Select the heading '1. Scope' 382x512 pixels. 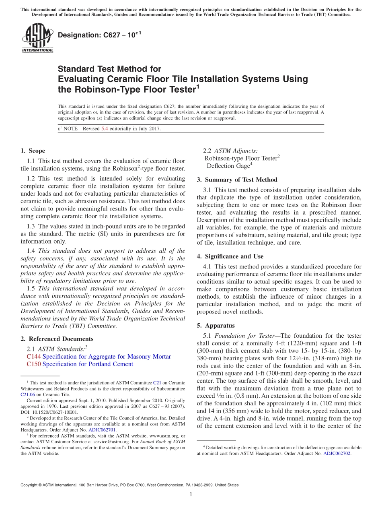pyautogui.click(x=33, y=151)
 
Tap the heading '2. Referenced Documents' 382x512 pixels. pyautogui.click(x=57, y=339)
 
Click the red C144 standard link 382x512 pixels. pyautogui.click(x=34, y=357)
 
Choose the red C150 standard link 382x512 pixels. pyautogui.click(x=34, y=364)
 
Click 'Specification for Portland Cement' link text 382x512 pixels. pyautogui.click(x=88, y=364)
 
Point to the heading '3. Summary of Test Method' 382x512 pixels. pyautogui.click(x=237, y=180)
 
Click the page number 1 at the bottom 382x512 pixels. pyautogui.click(x=191, y=494)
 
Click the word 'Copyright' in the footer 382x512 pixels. pyautogui.click(x=29, y=485)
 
